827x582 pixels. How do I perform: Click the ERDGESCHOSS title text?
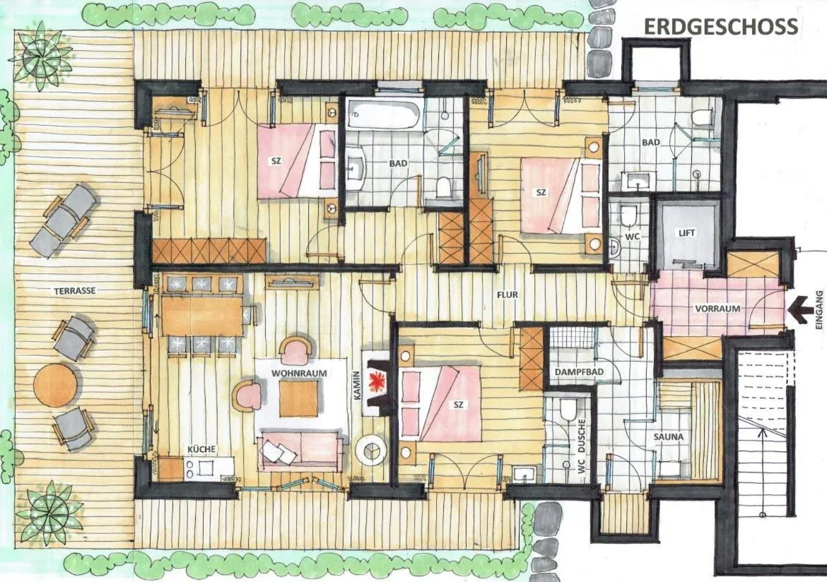click(x=720, y=27)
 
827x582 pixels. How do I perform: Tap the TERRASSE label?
click(x=74, y=290)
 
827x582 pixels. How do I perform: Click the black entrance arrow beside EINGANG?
click(x=800, y=309)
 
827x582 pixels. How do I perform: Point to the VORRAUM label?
click(x=717, y=309)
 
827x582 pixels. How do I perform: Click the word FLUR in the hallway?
click(x=508, y=295)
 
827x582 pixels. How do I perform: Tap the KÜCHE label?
click(x=201, y=449)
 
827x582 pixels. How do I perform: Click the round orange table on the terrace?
click(x=55, y=385)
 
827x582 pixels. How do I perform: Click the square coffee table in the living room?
click(x=298, y=398)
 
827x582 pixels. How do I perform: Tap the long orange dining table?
click(x=202, y=315)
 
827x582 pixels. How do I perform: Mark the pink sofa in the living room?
click(x=300, y=450)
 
